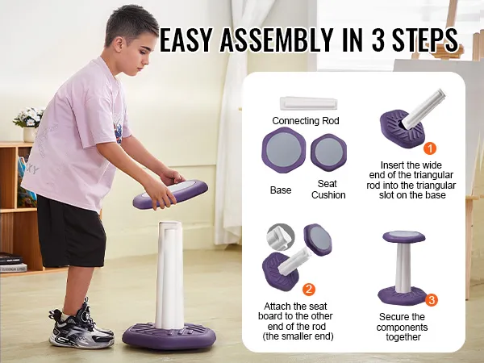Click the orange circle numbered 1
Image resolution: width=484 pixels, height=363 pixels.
click(430, 148)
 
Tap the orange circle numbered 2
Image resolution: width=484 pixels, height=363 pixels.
click(309, 290)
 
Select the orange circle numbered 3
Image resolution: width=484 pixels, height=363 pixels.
click(432, 300)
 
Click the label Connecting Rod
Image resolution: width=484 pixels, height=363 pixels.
click(306, 121)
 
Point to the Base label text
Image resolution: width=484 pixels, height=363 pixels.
click(281, 190)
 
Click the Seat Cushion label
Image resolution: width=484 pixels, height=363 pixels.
click(328, 190)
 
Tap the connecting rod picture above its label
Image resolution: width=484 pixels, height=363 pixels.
click(309, 103)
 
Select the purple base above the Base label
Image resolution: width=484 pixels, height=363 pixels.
click(284, 150)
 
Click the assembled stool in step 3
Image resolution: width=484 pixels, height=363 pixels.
click(403, 267)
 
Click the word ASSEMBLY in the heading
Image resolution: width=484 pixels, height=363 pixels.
click(276, 40)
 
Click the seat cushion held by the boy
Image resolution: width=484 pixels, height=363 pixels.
click(170, 194)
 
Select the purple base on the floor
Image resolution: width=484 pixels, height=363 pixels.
click(169, 336)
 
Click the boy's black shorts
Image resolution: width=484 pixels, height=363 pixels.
click(71, 232)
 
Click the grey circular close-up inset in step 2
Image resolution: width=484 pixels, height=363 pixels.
click(280, 238)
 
